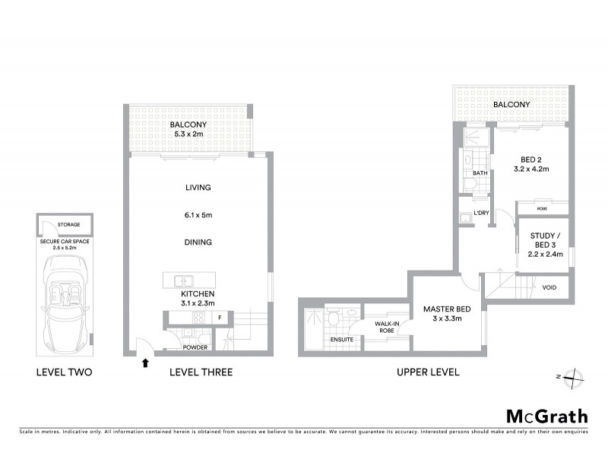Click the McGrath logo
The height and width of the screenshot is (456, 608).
click(547, 416)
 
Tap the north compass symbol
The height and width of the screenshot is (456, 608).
click(575, 376)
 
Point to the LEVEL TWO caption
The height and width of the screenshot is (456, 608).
click(65, 372)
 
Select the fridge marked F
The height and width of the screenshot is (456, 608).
click(220, 317)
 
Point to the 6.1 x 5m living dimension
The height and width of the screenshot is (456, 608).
click(197, 215)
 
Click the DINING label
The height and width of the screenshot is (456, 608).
click(197, 242)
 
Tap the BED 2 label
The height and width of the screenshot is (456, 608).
click(530, 158)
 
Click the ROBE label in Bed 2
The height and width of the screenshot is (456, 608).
click(541, 207)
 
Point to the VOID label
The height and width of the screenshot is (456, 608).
click(549, 287)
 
